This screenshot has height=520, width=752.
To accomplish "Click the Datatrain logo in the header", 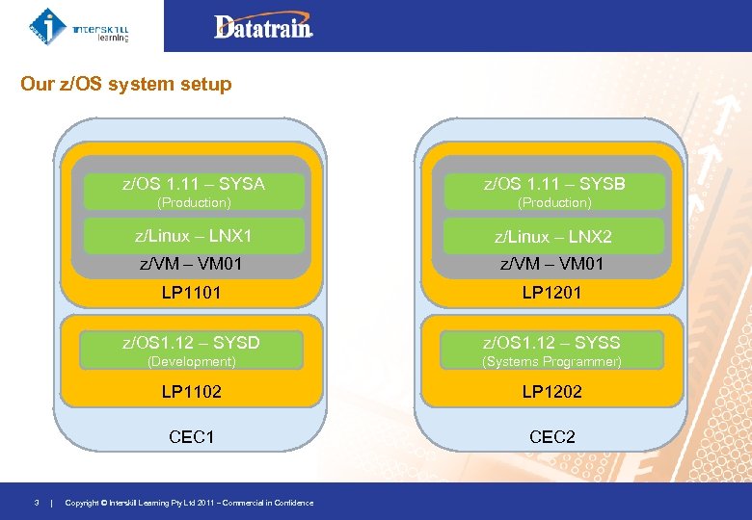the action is click(x=263, y=27).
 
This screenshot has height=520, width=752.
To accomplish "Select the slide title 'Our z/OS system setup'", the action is click(x=126, y=84).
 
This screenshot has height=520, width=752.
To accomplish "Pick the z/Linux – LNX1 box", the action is click(x=194, y=236).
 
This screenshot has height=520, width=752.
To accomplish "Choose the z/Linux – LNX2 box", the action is click(x=553, y=237).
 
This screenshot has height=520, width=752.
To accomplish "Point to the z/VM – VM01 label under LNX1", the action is click(x=191, y=263).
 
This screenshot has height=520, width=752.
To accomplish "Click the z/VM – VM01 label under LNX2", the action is click(x=551, y=263).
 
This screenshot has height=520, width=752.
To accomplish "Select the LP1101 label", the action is click(x=191, y=292).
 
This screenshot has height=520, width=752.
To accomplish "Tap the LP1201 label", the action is click(x=551, y=292).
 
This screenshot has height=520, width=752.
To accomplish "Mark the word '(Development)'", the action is click(x=191, y=361).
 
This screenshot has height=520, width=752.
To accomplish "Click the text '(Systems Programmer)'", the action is click(x=551, y=361).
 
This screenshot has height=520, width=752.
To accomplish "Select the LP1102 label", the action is click(x=191, y=392).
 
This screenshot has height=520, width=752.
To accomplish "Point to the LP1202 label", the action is click(x=551, y=392).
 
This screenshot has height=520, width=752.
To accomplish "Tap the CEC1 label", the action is click(x=191, y=437).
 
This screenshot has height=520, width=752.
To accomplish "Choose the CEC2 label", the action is click(x=551, y=437).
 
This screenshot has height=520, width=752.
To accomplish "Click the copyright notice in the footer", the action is click(x=189, y=503).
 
